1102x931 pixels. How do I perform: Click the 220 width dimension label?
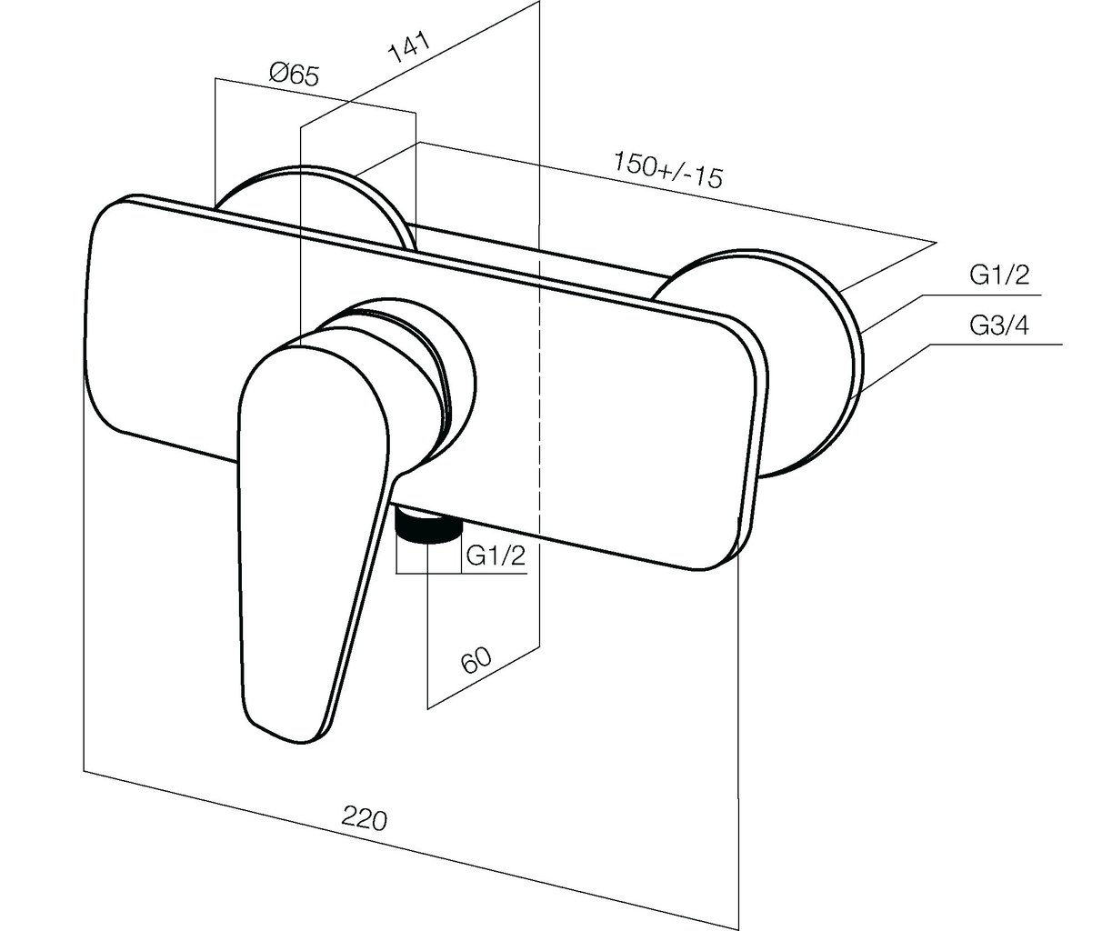point(365,818)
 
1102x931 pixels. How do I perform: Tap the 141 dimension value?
point(408,47)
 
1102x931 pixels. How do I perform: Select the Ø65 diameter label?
point(294,75)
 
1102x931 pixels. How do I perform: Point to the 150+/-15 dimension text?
point(667,170)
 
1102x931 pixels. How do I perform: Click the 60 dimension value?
point(476,660)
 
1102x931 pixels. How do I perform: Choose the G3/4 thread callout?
point(999,325)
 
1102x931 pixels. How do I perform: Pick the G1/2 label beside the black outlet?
point(496,556)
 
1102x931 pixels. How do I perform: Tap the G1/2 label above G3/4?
point(999,275)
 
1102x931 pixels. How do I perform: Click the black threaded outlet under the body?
point(427,525)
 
